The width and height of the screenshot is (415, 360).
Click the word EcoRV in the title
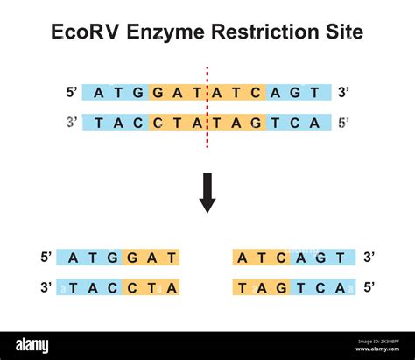[x=85, y=32]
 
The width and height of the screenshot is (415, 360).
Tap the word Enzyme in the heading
[x=165, y=32]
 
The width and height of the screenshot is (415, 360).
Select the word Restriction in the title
[x=264, y=32]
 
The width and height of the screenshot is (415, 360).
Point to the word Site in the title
[x=344, y=32]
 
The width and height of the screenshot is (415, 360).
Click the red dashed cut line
[x=207, y=108]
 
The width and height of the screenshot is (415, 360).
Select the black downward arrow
[x=207, y=193]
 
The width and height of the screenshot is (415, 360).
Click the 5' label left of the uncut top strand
[x=72, y=93]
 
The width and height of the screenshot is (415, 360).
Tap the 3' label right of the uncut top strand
[x=343, y=93]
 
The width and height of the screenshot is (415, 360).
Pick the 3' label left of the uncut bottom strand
[x=72, y=122]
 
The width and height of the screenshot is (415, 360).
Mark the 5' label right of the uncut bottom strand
[x=343, y=123]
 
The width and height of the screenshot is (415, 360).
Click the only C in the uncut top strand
[x=256, y=93]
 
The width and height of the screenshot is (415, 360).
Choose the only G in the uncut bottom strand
[x=256, y=123]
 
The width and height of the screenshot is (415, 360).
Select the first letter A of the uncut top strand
[x=99, y=93]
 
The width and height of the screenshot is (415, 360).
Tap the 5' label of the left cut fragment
[x=46, y=258]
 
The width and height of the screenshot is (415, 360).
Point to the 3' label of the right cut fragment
[x=369, y=258]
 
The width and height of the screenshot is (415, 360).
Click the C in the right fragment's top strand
[x=281, y=258]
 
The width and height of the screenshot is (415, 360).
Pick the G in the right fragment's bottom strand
[x=281, y=288]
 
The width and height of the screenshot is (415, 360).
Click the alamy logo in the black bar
[x=32, y=346]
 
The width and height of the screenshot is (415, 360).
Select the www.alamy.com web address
[x=377, y=349]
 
